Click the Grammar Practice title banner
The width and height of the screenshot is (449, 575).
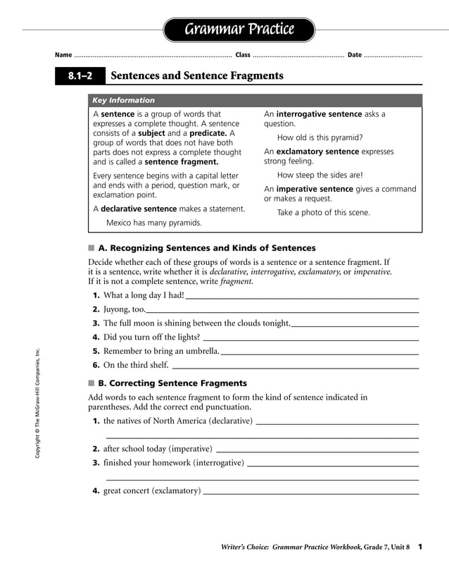point(239,30)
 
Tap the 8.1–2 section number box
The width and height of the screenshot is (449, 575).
point(80,76)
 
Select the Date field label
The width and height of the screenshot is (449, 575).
point(355,55)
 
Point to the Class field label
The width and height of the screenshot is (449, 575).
point(243,55)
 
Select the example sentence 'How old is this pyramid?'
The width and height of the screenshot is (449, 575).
point(320,137)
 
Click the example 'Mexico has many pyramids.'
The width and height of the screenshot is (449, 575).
point(153,223)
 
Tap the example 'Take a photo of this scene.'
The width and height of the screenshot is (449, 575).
point(323,212)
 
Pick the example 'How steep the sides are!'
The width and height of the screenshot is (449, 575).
point(320,175)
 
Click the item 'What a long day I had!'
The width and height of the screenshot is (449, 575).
point(144,295)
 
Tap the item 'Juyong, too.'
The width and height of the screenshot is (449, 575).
point(124,309)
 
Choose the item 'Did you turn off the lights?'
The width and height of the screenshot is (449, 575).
point(151,337)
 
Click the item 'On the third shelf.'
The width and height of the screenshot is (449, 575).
point(136,365)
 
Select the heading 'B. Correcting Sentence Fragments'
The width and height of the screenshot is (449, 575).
point(172,383)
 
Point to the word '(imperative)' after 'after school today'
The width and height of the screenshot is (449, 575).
point(188,448)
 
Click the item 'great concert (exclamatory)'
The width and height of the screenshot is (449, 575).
point(151,490)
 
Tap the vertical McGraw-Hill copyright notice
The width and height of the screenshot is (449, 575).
point(38,404)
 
